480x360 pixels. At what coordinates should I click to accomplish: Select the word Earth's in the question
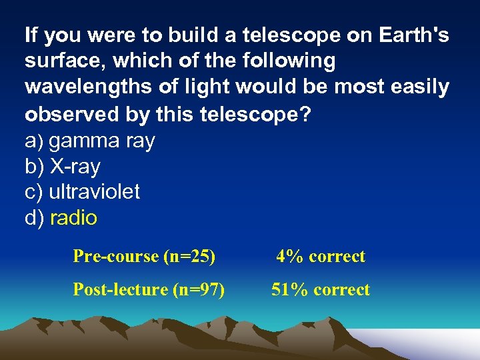409,35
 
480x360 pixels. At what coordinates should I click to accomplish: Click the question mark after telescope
305,114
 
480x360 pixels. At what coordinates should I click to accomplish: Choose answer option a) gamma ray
89,141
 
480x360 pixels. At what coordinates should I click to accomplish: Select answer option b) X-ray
62,166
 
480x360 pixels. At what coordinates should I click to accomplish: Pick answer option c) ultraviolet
82,192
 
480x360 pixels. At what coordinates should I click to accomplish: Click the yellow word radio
73,218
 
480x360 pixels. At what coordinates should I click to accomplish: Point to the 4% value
288,257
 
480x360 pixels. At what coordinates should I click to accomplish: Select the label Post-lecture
120,290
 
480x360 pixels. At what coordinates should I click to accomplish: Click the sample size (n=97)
199,290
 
